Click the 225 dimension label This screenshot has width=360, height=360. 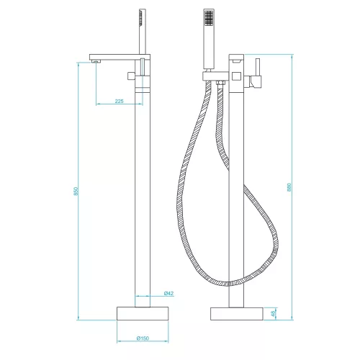tap(119, 101)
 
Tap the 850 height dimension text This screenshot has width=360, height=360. tap(76, 191)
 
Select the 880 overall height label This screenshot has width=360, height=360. tap(289, 187)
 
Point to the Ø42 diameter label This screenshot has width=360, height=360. tap(168, 293)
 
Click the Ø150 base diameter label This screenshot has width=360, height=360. tap(143, 338)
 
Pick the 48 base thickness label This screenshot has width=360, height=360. tap(273, 314)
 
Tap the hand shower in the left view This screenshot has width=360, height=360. tap(143, 31)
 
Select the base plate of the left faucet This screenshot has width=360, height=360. tap(143, 313)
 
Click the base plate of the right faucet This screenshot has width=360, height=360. tap(237, 314)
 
